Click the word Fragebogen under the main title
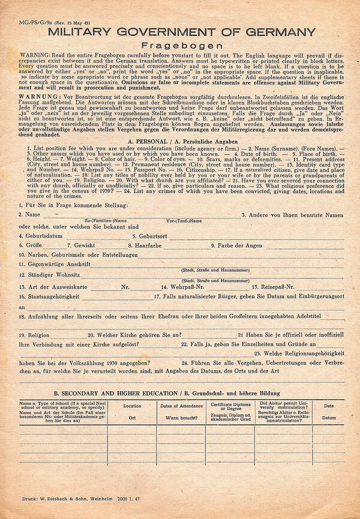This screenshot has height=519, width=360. (179, 45)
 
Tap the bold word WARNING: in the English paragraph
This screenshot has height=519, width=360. (35, 54)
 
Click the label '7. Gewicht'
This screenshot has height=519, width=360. (80, 246)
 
